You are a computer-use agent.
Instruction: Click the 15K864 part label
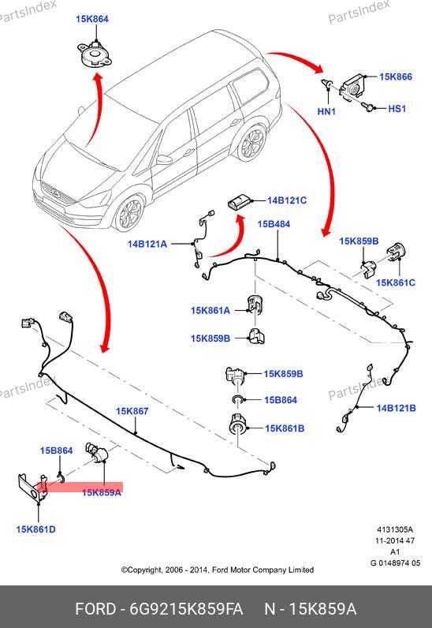point(92,19)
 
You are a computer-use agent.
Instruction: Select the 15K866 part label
point(396,77)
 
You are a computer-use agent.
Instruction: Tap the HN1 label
point(326,111)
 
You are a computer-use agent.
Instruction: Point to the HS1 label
point(397,109)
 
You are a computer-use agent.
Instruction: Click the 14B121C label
point(287,200)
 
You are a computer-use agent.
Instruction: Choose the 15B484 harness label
point(274,224)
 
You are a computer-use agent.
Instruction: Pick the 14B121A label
point(147,244)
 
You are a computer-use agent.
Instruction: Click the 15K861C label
point(396,282)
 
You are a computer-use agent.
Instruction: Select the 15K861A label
point(210,310)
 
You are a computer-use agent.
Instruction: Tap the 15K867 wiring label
point(132,411)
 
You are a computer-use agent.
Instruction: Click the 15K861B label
point(285,428)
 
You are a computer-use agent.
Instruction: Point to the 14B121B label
point(396,408)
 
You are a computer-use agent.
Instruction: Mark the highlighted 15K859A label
point(101,492)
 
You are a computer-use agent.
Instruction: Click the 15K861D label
point(35,529)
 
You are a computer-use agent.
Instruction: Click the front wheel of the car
point(128,214)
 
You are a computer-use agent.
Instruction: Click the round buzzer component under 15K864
point(95,55)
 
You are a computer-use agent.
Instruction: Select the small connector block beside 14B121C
point(239,200)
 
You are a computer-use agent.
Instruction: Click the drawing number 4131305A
point(394,529)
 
